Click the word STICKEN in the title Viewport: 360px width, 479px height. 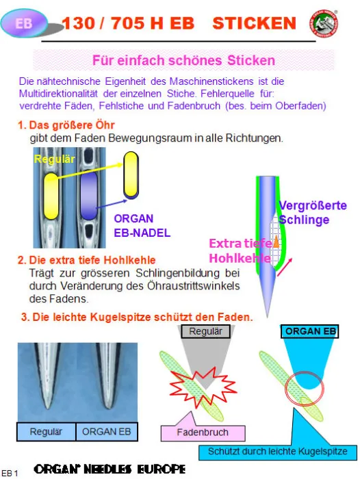(255, 24)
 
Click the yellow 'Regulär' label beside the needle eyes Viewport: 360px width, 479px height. (54, 159)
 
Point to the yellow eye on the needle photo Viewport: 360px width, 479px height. (51, 195)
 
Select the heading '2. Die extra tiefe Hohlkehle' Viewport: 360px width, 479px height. (87, 259)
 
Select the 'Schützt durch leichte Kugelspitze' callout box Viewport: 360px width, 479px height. (279, 451)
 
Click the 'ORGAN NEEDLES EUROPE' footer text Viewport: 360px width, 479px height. (110, 469)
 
